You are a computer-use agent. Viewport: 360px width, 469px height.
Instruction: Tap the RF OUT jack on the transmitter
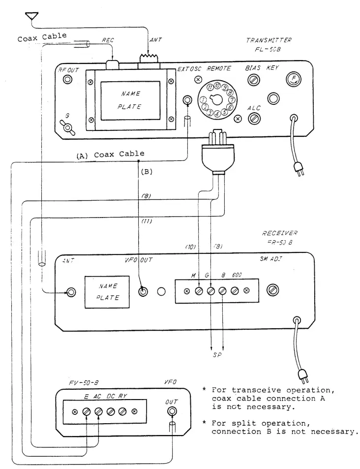click(x=67, y=80)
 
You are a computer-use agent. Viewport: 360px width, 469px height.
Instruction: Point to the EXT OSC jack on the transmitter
click(x=187, y=100)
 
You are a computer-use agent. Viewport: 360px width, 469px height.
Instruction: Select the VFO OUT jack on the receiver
click(x=143, y=291)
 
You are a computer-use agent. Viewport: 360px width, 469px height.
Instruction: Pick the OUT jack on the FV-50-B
click(x=173, y=411)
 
